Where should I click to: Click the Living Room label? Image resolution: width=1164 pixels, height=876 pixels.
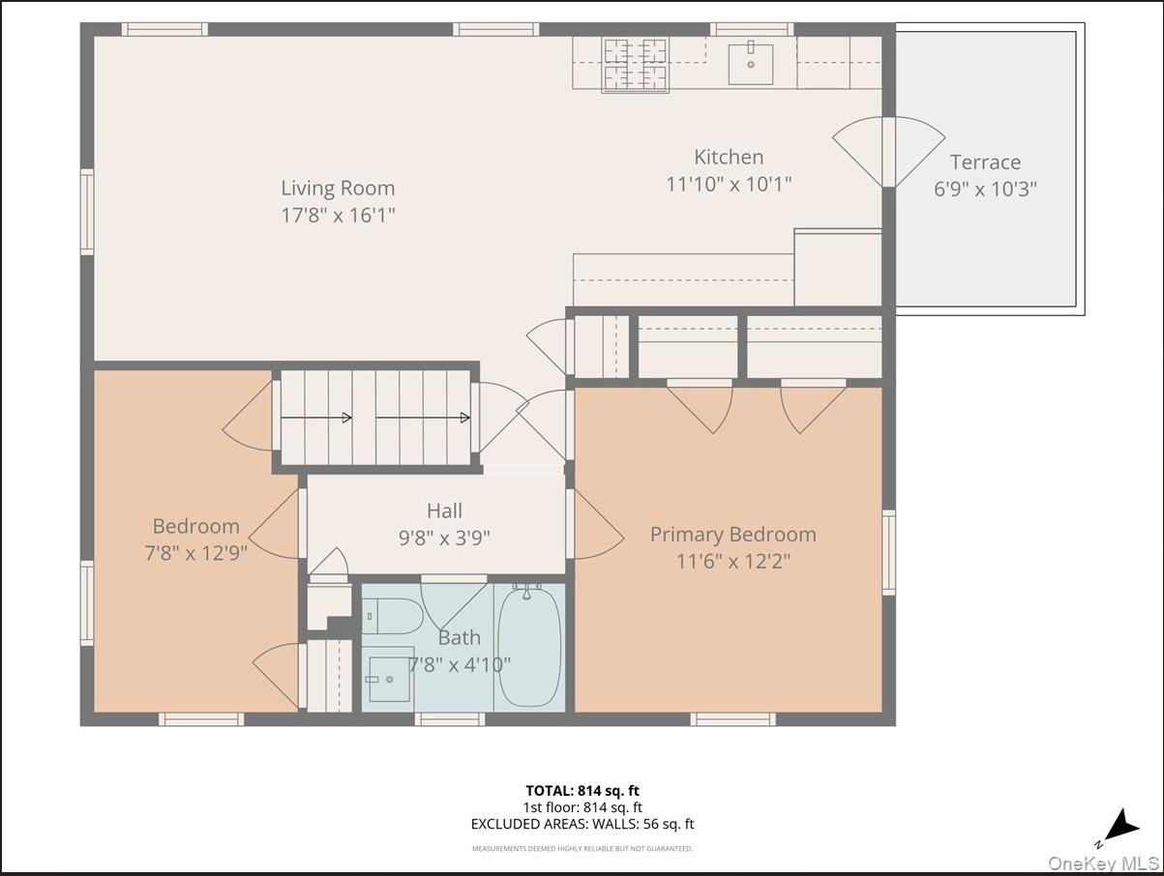click(338, 189)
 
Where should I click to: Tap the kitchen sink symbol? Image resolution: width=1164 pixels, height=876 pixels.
click(750, 64)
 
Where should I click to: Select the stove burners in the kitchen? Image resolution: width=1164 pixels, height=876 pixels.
click(636, 64)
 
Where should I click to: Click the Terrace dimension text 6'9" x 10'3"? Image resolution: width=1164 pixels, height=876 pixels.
click(985, 189)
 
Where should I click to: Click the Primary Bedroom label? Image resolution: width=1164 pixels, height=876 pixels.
click(732, 535)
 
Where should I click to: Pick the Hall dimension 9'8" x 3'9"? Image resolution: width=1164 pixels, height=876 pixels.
click(444, 538)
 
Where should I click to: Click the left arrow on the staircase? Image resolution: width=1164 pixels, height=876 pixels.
click(316, 418)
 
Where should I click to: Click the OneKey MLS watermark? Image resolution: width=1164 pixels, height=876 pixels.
click(1104, 863)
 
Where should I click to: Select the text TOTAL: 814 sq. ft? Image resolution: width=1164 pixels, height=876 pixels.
click(582, 790)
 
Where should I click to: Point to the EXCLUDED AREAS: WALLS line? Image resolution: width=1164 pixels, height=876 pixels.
click(582, 824)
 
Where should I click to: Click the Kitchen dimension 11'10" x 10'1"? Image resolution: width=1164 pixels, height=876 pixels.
click(729, 184)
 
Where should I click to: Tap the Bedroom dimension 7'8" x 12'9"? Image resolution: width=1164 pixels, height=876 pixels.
click(195, 553)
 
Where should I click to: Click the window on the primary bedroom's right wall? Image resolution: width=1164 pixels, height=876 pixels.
click(888, 551)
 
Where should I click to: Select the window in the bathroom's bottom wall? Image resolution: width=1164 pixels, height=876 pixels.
click(449, 718)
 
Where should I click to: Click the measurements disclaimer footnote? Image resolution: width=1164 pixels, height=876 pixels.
click(582, 849)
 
